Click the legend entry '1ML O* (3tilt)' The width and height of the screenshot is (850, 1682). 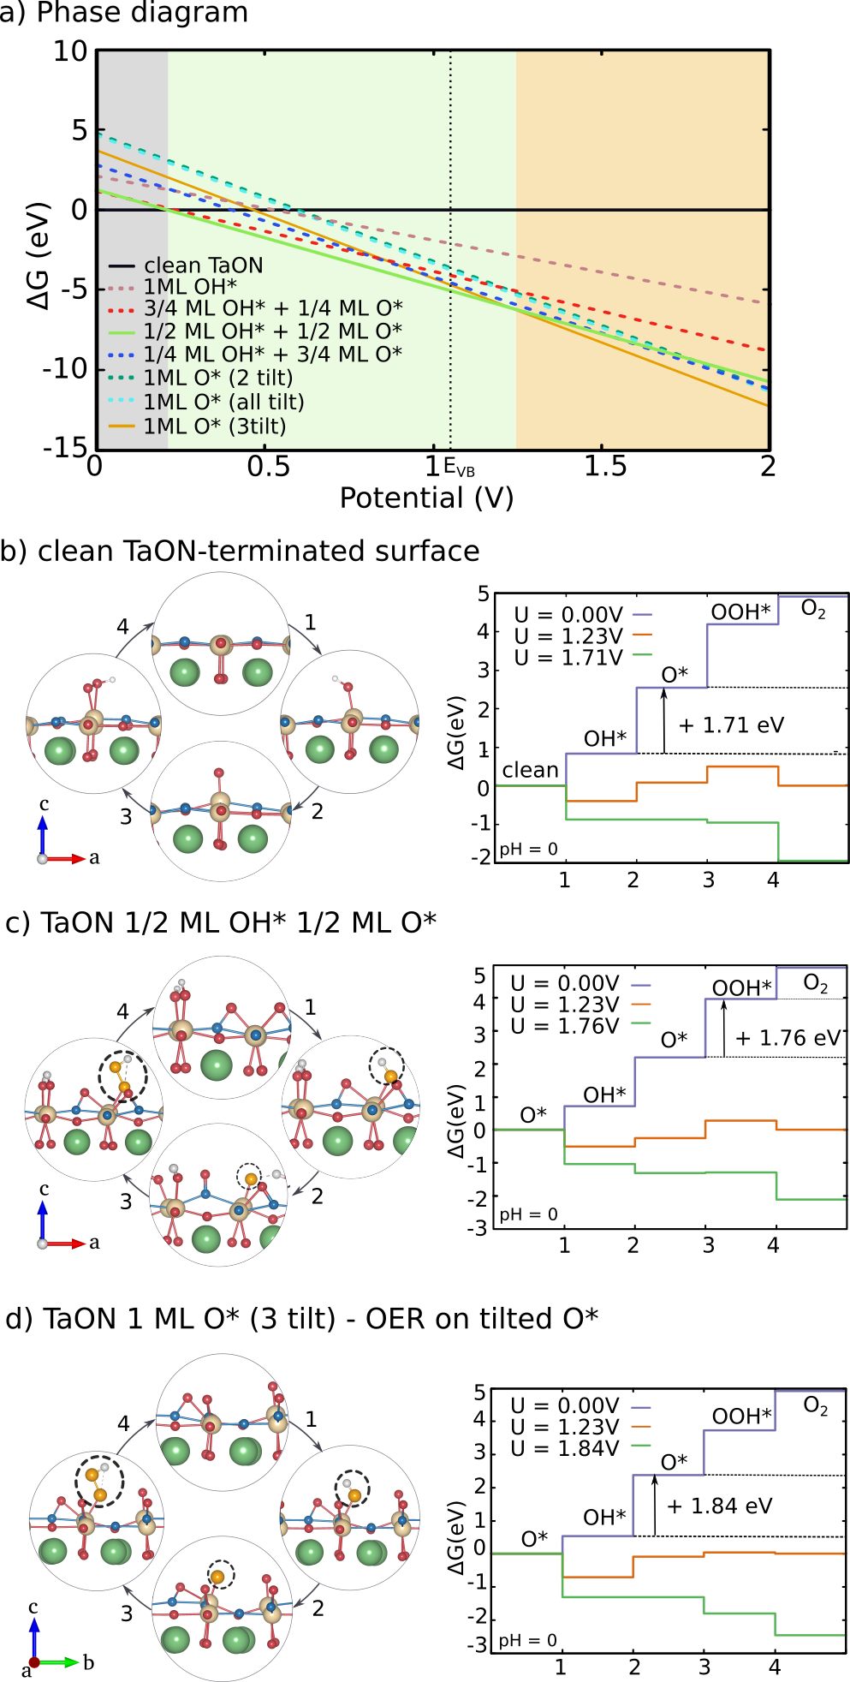[x=214, y=426]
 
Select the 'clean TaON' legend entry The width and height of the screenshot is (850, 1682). [x=203, y=265]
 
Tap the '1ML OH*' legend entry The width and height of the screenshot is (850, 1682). [x=190, y=287]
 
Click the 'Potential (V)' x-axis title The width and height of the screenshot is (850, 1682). [x=426, y=498]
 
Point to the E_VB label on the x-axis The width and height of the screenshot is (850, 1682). [x=460, y=469]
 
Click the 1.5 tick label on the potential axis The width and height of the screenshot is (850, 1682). [x=605, y=466]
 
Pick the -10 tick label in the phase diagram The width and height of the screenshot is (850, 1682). [x=65, y=368]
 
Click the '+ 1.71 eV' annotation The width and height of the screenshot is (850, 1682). [x=731, y=725]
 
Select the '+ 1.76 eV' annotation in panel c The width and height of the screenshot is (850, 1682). [x=788, y=1038]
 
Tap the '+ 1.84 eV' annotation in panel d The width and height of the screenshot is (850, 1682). [x=719, y=1506]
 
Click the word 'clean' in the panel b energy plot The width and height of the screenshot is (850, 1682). [x=530, y=770]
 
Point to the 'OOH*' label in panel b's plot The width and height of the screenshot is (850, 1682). [x=740, y=611]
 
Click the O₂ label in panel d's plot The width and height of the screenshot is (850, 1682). [x=815, y=1406]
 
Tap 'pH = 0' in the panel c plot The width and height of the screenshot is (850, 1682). [x=528, y=1214]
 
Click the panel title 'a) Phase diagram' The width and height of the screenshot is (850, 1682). [x=124, y=13]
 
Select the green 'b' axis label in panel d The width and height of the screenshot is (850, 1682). [x=88, y=1662]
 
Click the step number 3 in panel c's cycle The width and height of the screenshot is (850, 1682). [x=126, y=1201]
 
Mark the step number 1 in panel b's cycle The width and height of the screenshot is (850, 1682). [x=310, y=622]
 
